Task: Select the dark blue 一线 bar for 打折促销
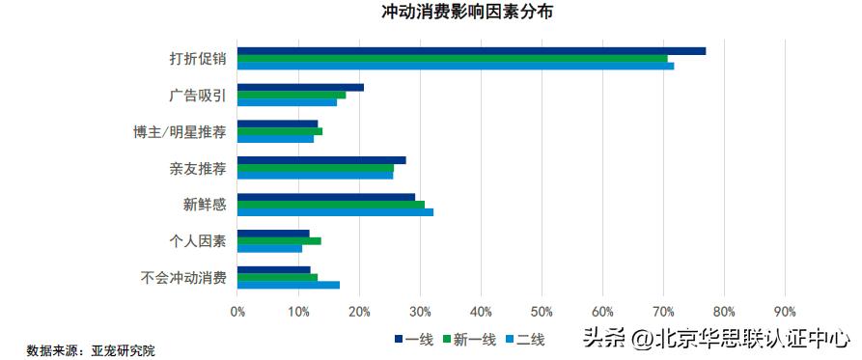(471, 50)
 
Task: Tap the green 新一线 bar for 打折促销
(452, 58)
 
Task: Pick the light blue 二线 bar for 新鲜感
(335, 211)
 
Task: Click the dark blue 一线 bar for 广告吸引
(300, 87)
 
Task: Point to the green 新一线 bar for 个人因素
(279, 240)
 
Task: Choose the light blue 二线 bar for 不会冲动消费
(289, 285)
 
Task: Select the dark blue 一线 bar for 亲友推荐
(321, 160)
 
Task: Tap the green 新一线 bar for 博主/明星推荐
(280, 131)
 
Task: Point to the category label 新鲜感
(204, 205)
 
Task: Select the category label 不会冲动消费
(182, 278)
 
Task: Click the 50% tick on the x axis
(542, 312)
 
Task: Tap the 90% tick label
(784, 312)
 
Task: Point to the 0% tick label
(238, 312)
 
